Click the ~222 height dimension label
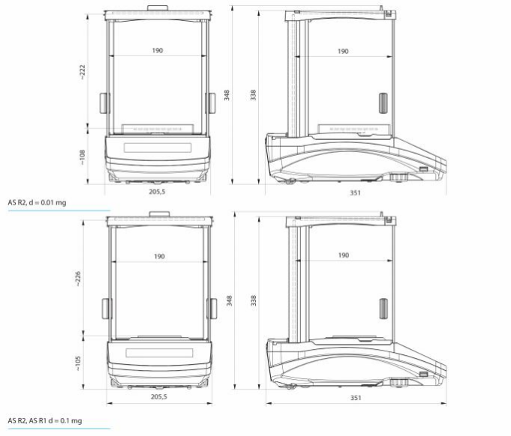(82, 72)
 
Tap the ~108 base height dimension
(82, 157)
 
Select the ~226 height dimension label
(78, 279)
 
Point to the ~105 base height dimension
(78, 363)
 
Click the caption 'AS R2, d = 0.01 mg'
(37, 203)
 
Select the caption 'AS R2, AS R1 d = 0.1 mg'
(45, 421)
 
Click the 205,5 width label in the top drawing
(157, 192)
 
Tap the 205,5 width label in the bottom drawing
(159, 397)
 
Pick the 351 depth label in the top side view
(355, 193)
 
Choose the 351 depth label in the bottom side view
(356, 398)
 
